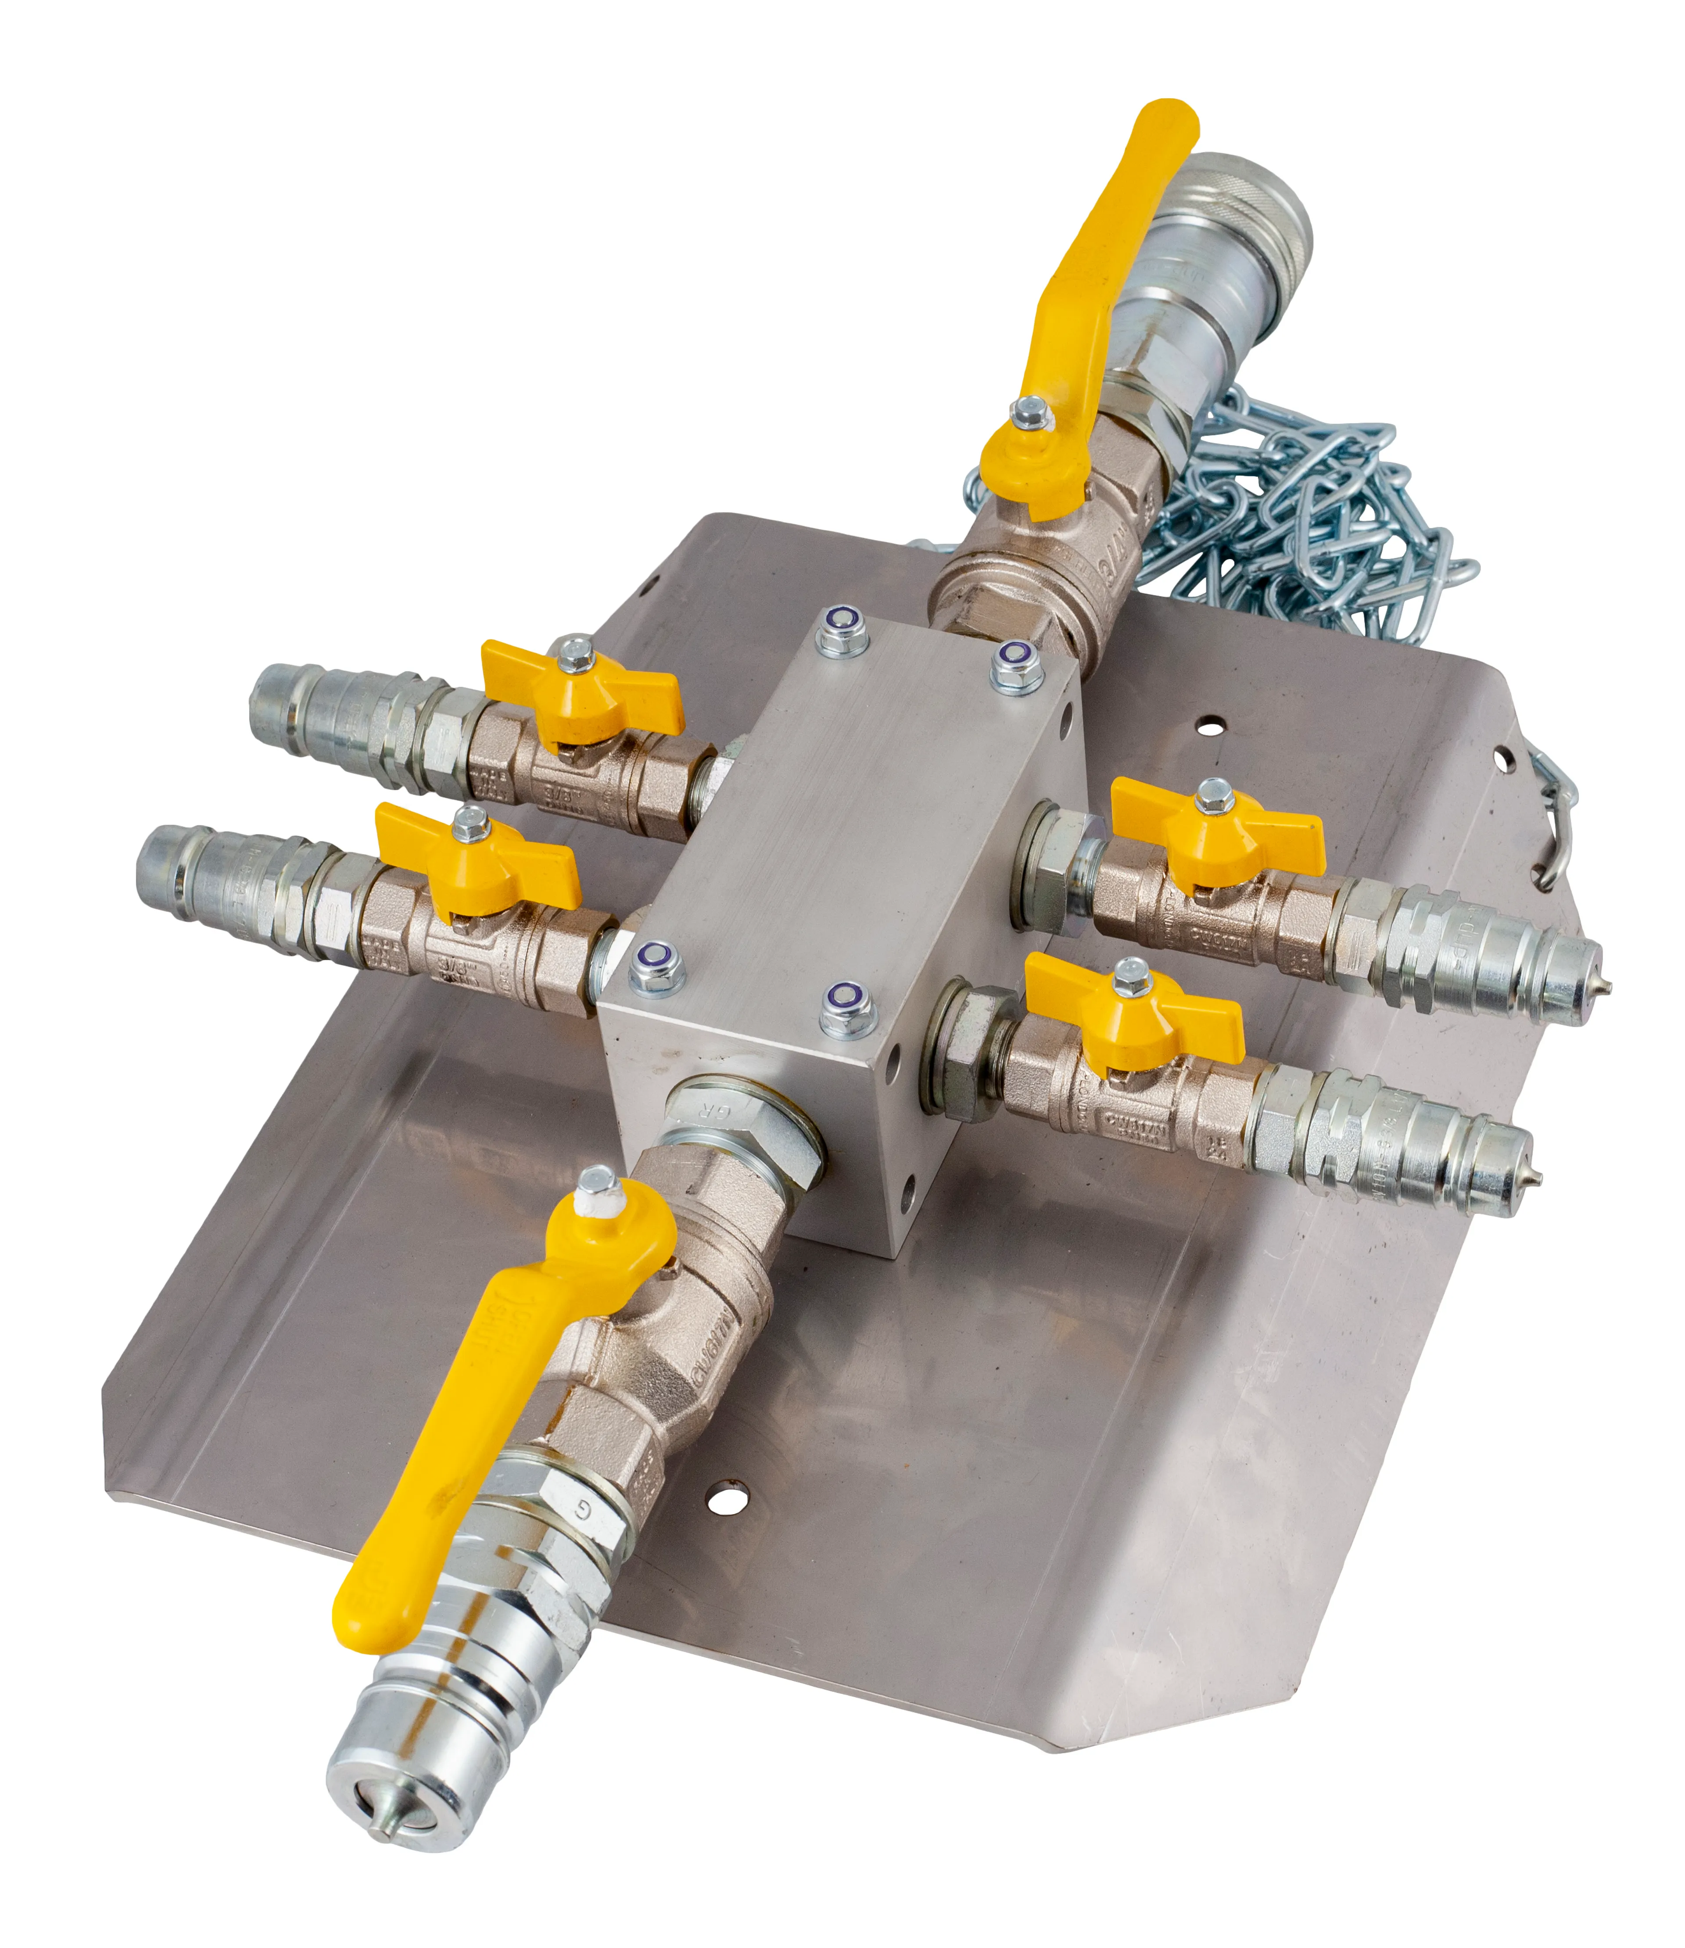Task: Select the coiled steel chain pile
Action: coord(1316,508)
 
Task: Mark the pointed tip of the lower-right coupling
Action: coord(1533,1178)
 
